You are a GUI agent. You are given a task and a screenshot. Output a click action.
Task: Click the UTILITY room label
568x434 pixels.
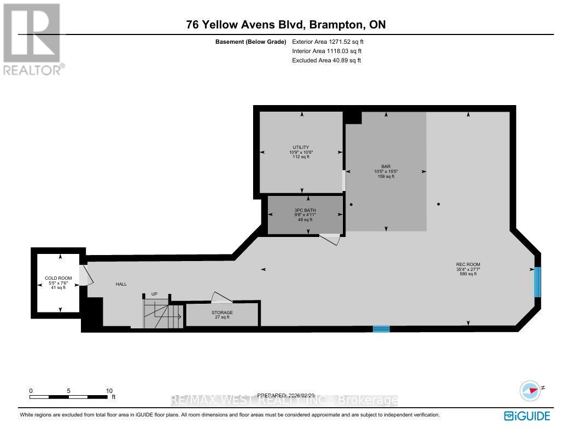pyautogui.click(x=301, y=147)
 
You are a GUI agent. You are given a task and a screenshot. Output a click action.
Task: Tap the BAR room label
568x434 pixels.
pyautogui.click(x=386, y=166)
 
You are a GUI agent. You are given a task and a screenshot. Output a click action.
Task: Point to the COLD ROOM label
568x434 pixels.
pyautogui.click(x=55, y=279)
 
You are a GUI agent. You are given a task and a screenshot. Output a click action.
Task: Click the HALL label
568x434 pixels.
pyautogui.click(x=121, y=285)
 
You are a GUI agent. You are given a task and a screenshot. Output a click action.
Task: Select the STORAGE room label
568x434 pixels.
pyautogui.click(x=222, y=313)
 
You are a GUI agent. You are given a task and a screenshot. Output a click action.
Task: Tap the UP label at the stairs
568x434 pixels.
pyautogui.click(x=154, y=294)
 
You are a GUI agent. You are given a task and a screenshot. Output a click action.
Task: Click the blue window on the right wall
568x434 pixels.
pyautogui.click(x=537, y=281)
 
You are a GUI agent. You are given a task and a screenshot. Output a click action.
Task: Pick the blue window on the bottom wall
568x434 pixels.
pyautogui.click(x=381, y=329)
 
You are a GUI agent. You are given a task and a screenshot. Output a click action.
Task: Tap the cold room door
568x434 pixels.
pyautogui.click(x=86, y=276)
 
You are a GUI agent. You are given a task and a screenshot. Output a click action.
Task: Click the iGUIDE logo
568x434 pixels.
pyautogui.click(x=527, y=416)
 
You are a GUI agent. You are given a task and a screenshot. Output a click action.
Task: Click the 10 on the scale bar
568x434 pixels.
pyautogui.click(x=109, y=391)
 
